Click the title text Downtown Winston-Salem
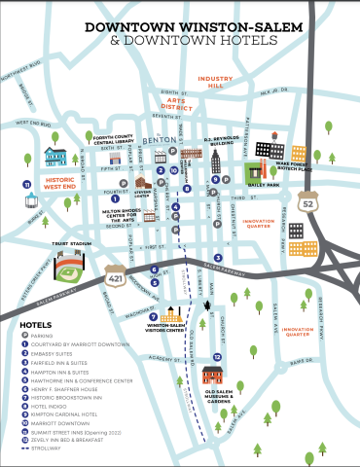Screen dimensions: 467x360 point(179,28)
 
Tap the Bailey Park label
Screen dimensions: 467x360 point(263,183)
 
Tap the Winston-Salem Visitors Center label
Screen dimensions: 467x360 point(166,327)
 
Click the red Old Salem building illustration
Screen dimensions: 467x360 point(215,374)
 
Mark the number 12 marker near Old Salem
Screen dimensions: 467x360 point(217,356)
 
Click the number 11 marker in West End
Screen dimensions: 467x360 point(28,183)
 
